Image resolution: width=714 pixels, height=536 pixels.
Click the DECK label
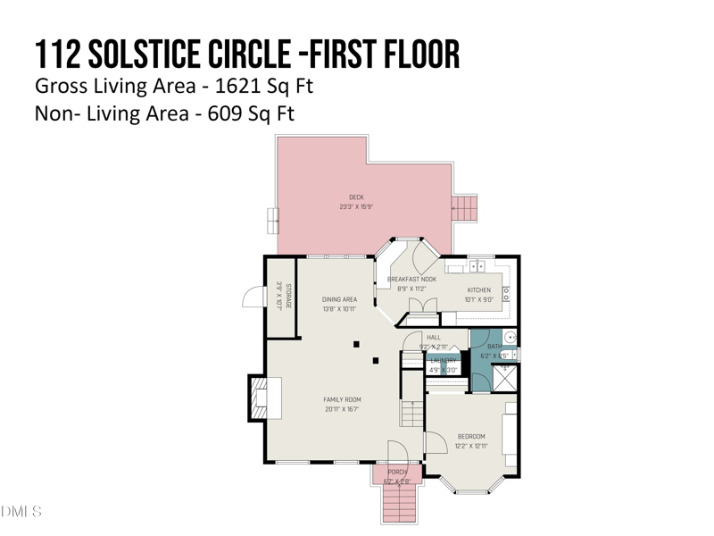pyautogui.click(x=356, y=197)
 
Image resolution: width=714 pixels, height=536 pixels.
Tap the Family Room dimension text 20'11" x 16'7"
pyautogui.click(x=343, y=410)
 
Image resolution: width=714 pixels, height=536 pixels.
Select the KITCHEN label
pyautogui.click(x=479, y=290)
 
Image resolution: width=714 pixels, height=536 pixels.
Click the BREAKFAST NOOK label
pyautogui.click(x=411, y=280)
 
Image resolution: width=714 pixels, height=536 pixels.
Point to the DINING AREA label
pyautogui.click(x=339, y=300)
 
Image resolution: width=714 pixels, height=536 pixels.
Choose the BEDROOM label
pyautogui.click(x=471, y=437)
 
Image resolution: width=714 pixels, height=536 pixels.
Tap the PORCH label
pyautogui.click(x=397, y=472)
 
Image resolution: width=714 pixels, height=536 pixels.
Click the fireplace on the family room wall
pyautogui.click(x=265, y=397)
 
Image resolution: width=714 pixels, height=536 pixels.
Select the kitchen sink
pyautogui.click(x=477, y=265)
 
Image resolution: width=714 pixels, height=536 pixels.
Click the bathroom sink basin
pyautogui.click(x=511, y=338)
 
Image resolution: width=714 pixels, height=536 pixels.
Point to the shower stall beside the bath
pyautogui.click(x=505, y=377)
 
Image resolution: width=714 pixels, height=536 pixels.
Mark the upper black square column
pyautogui.click(x=356, y=344)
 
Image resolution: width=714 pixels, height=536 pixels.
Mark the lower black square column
pyautogui.click(x=376, y=361)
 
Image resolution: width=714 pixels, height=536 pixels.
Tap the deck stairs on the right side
pyautogui.click(x=465, y=209)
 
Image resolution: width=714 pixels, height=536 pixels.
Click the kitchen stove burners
pyautogui.click(x=507, y=292)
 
